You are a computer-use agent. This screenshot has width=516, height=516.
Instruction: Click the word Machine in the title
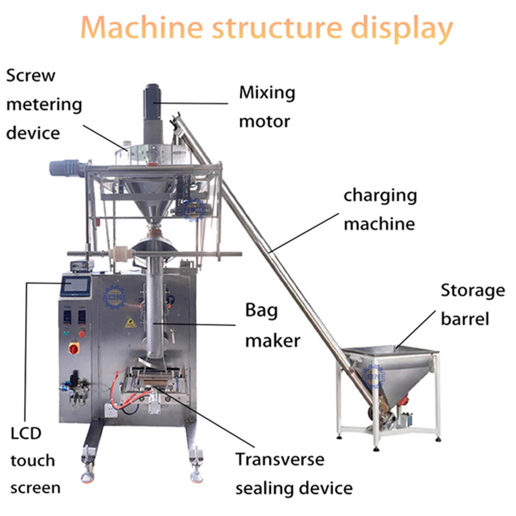pyautogui.click(x=141, y=28)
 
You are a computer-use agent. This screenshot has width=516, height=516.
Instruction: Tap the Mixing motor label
pyautogui.click(x=267, y=106)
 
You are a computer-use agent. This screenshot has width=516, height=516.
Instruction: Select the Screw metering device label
pyautogui.click(x=44, y=104)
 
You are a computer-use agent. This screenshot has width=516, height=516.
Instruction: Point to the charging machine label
pyautogui.click(x=380, y=209)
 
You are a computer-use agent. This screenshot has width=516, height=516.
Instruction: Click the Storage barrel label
pyautogui.click(x=472, y=305)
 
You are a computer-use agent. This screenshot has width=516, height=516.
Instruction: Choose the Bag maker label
pyautogui.click(x=273, y=325)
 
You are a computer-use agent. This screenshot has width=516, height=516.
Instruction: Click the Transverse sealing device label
pyautogui.click(x=293, y=474)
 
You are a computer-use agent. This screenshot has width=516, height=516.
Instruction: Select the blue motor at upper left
pyautogui.click(x=66, y=168)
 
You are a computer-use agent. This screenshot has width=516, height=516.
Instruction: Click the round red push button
pyautogui.click(x=82, y=333)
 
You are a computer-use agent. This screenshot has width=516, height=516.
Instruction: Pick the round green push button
pyautogui.click(x=66, y=333)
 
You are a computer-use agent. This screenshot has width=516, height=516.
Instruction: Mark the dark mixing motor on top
pyautogui.click(x=153, y=94)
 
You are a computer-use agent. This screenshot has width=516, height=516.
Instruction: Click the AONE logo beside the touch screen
pyautogui.click(x=114, y=297)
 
